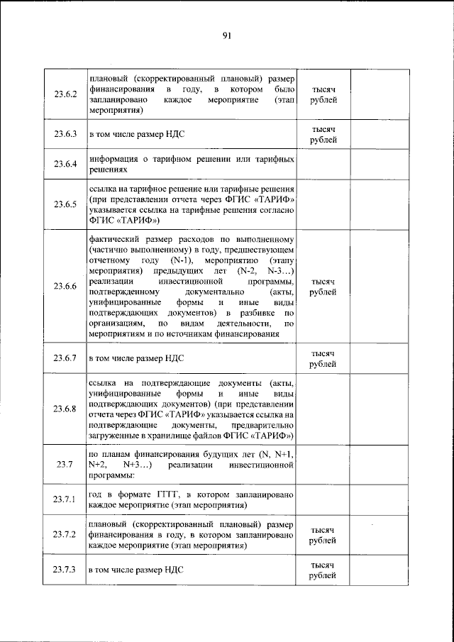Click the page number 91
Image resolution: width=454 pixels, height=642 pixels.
[226, 35]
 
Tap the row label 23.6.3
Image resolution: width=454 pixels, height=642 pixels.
[65, 134]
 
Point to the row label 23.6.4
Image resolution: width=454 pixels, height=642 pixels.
[65, 165]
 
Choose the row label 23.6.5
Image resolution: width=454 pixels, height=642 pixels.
[65, 205]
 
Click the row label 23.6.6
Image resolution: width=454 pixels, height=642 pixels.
[65, 286]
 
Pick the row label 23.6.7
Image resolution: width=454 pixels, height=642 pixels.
[65, 359]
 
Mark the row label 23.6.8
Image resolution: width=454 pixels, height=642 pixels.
[65, 409]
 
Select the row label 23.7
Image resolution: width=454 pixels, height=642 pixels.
[65, 465]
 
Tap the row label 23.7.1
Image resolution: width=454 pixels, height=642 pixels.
[65, 499]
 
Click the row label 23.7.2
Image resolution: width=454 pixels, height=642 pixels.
[65, 535]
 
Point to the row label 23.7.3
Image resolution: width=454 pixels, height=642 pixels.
[65, 569]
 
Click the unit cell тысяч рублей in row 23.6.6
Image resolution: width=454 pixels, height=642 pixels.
[323, 286]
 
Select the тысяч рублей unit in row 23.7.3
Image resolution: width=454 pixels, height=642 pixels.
[323, 569]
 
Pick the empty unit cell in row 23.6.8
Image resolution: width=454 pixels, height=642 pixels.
[323, 409]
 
